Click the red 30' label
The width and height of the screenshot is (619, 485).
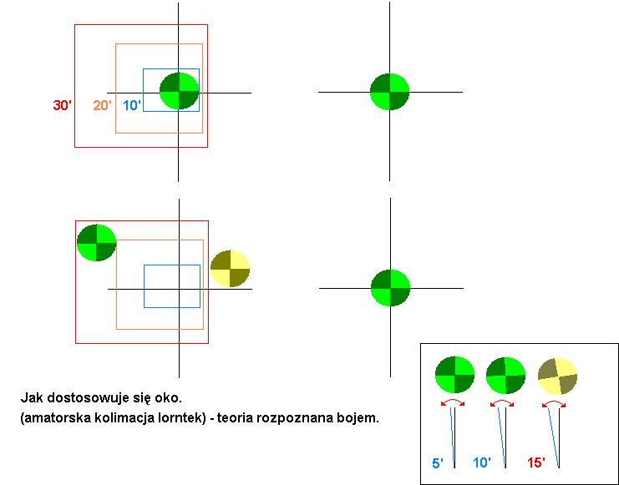(x=62, y=106)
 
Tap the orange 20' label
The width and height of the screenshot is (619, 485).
(x=102, y=106)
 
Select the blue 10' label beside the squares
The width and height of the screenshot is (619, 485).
(x=132, y=106)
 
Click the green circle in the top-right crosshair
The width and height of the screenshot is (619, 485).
(x=389, y=92)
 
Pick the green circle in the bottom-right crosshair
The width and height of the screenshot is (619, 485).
(x=390, y=288)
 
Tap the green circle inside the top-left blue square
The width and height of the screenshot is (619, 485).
(x=179, y=91)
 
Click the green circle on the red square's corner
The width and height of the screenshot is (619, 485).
(x=96, y=243)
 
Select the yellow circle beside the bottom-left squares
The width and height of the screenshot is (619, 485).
(x=230, y=269)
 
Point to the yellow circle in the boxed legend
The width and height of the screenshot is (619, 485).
(x=557, y=376)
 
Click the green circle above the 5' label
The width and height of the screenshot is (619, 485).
(x=454, y=375)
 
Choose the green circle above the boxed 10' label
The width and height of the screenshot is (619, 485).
(x=505, y=375)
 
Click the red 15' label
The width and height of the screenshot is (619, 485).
(x=536, y=462)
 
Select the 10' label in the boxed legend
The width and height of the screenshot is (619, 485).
(x=482, y=462)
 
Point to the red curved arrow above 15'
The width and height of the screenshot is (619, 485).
(x=555, y=405)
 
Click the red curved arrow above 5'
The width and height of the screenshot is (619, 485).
(x=452, y=403)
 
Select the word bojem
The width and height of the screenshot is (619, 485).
(x=360, y=417)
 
